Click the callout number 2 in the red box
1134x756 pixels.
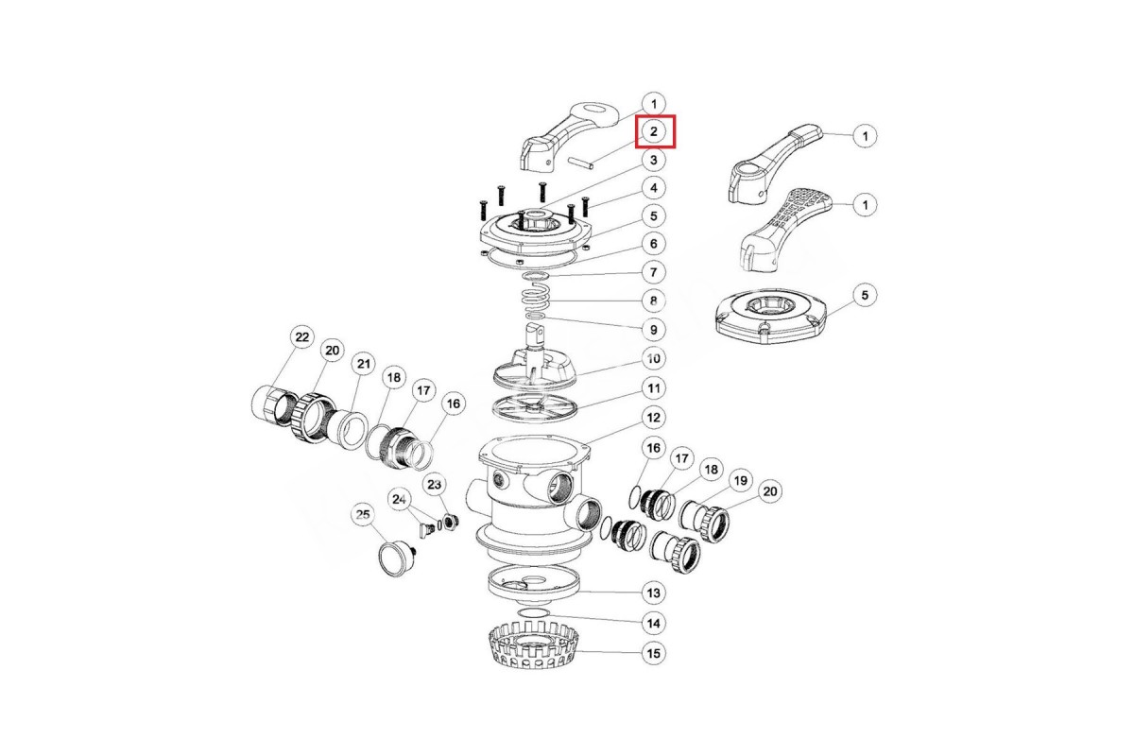654,131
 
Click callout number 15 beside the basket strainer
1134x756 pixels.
654,653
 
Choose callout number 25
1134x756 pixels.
363,515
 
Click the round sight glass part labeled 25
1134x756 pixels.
396,558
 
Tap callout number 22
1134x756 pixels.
302,337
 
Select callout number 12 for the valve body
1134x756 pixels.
654,418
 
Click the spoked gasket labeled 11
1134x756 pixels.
535,407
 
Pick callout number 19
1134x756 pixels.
741,480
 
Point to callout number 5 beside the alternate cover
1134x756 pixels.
865,295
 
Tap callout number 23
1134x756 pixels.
435,485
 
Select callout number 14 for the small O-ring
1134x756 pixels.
654,624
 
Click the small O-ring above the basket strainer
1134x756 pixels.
534,614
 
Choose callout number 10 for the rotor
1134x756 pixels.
654,358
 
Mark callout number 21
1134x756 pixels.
364,364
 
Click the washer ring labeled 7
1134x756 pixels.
537,275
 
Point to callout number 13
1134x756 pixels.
654,593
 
